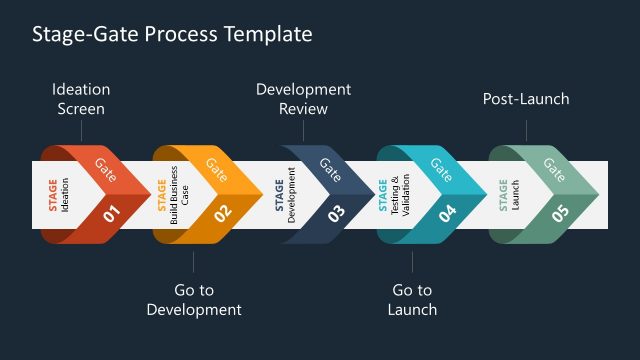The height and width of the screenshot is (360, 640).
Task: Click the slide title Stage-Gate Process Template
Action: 172,34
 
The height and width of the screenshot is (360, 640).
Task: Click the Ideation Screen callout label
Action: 80,99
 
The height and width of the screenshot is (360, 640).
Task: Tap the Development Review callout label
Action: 303,99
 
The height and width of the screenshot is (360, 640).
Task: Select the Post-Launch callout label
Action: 526,99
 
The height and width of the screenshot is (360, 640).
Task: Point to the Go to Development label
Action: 194,300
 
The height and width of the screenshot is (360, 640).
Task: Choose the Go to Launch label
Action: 412,300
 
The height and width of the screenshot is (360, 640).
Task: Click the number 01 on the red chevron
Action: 111,212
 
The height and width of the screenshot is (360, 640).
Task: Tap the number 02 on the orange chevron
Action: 223,212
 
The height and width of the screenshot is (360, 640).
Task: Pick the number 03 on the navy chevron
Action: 337,212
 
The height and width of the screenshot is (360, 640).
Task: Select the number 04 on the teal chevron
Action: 447,212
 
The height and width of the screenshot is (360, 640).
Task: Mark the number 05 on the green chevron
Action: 561,212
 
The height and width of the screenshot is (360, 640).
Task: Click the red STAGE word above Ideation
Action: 53,195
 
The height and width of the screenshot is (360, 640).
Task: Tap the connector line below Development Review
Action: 303,131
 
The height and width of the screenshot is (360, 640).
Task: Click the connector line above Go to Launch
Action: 412,262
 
